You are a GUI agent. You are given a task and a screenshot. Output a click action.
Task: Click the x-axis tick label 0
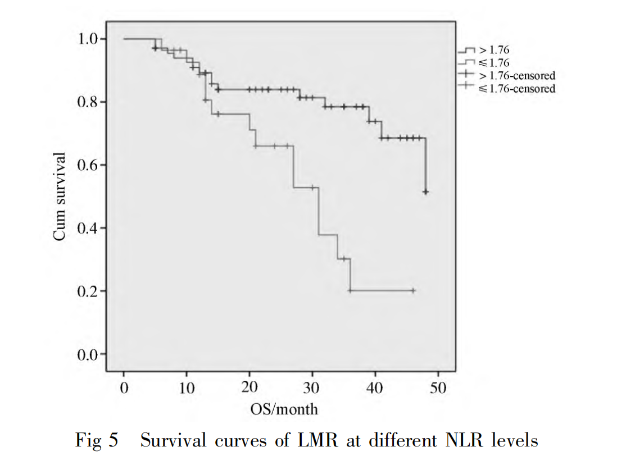[x=124, y=388]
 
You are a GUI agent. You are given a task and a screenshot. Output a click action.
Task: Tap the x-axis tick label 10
[x=187, y=388]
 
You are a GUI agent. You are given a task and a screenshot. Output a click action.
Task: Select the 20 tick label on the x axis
[x=249, y=388]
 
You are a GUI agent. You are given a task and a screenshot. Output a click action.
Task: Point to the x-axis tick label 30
[x=312, y=388]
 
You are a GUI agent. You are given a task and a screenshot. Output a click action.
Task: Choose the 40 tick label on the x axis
[x=375, y=388]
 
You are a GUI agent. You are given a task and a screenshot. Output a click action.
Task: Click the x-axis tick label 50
[x=438, y=388]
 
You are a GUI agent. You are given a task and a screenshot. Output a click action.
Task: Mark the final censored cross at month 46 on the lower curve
[x=413, y=290]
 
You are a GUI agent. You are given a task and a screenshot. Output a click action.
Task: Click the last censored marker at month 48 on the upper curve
[x=426, y=192]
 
